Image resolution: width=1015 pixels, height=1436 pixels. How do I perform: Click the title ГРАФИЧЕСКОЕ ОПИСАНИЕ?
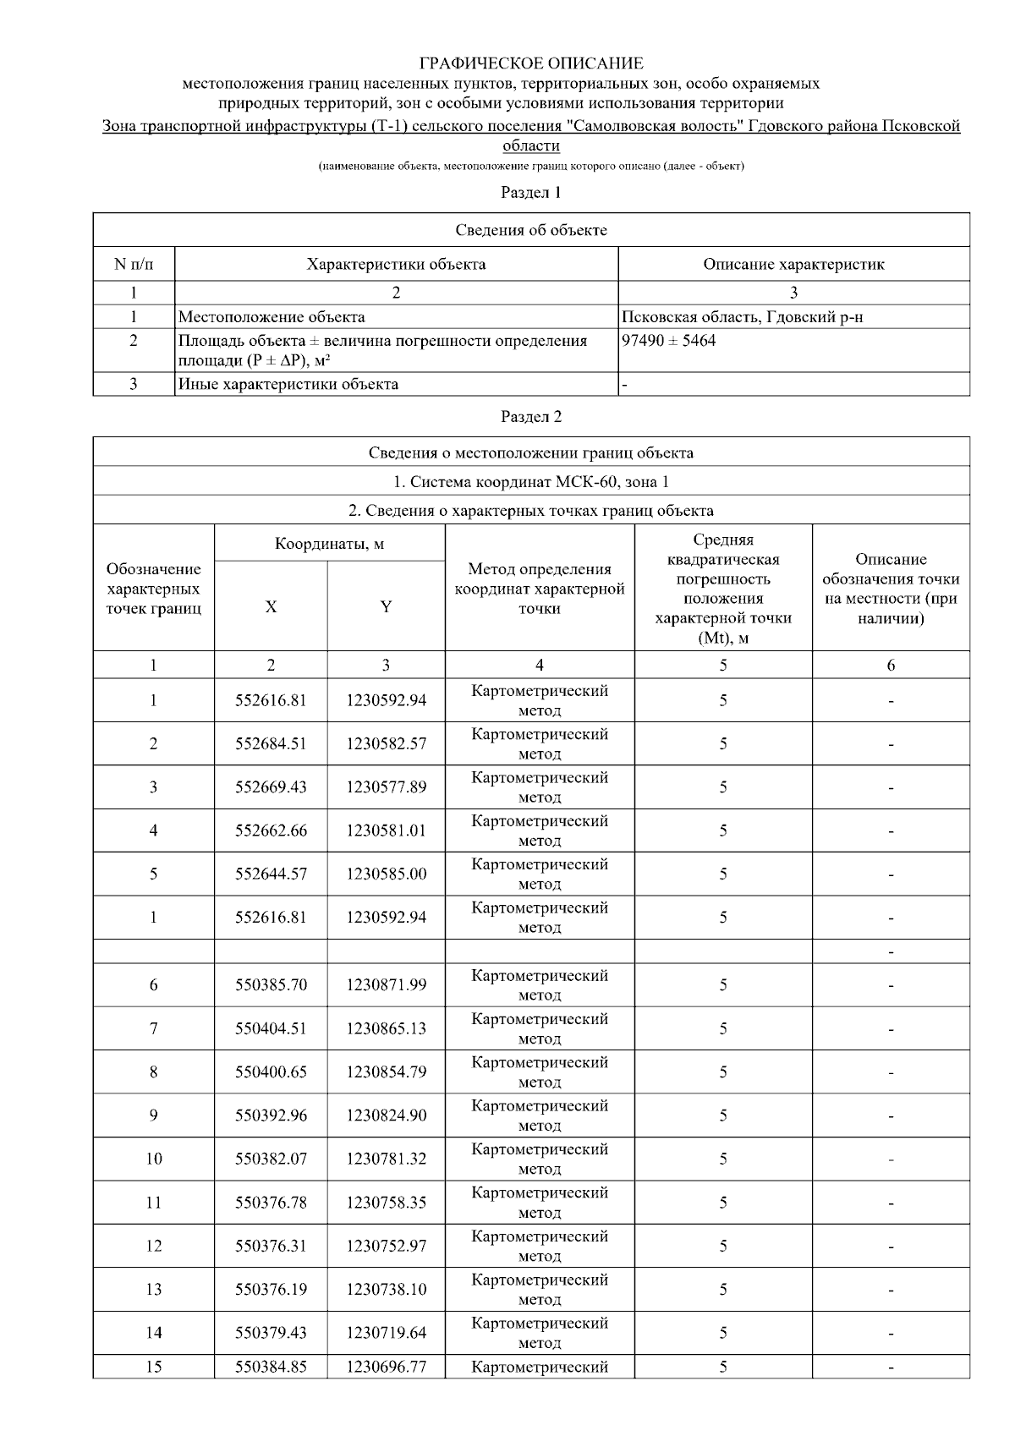click(531, 63)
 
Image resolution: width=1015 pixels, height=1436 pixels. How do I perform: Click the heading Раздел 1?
click(531, 193)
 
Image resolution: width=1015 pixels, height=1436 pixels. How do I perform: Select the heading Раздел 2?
click(531, 416)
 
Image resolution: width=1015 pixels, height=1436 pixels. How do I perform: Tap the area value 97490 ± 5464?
click(669, 341)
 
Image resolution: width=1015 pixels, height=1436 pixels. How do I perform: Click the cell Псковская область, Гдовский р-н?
click(742, 317)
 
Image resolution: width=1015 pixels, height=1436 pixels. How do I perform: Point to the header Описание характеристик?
click(793, 264)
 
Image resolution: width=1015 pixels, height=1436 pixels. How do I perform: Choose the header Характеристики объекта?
click(396, 264)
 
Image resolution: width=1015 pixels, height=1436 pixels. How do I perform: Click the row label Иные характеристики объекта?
click(288, 384)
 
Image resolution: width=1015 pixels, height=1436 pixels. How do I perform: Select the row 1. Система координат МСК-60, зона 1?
click(531, 481)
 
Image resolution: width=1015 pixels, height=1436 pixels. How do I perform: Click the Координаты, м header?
click(330, 543)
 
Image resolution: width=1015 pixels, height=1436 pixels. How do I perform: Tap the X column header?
click(271, 606)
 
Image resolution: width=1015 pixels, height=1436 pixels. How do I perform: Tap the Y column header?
click(386, 606)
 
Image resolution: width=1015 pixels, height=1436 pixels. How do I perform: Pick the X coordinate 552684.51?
click(271, 744)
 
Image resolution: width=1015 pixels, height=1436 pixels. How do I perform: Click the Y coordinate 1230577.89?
click(386, 787)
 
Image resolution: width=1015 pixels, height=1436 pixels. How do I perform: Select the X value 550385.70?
click(271, 985)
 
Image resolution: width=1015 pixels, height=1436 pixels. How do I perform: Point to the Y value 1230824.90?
click(386, 1115)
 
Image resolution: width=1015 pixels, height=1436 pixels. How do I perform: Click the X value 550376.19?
click(271, 1290)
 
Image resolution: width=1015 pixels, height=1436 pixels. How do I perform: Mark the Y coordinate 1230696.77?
click(386, 1367)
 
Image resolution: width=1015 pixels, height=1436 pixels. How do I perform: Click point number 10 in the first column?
click(153, 1159)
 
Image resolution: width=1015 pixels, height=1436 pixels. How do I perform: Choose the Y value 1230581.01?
click(386, 830)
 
